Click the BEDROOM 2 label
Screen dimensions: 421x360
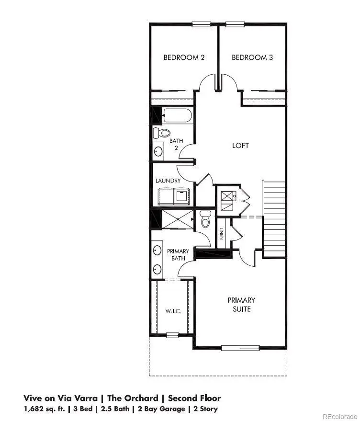tap(184, 57)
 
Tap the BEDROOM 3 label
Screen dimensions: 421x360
tap(252, 57)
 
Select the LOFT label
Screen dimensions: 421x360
tap(240, 145)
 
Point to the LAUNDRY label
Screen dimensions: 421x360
tap(168, 181)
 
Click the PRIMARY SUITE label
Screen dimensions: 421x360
tap(241, 305)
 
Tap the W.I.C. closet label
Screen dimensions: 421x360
tap(173, 311)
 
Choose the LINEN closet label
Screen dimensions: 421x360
tap(222, 234)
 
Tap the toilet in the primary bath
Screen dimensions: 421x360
tap(205, 220)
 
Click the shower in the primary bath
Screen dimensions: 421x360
tap(177, 219)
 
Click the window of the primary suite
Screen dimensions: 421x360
tap(240, 348)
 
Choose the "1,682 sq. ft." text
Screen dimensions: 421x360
tap(44, 409)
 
